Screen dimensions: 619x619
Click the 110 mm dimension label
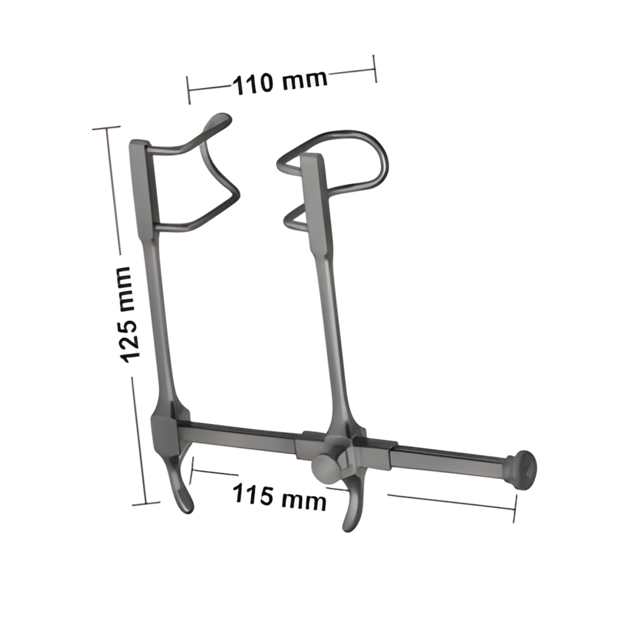(279, 82)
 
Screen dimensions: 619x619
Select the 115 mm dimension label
(279, 496)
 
